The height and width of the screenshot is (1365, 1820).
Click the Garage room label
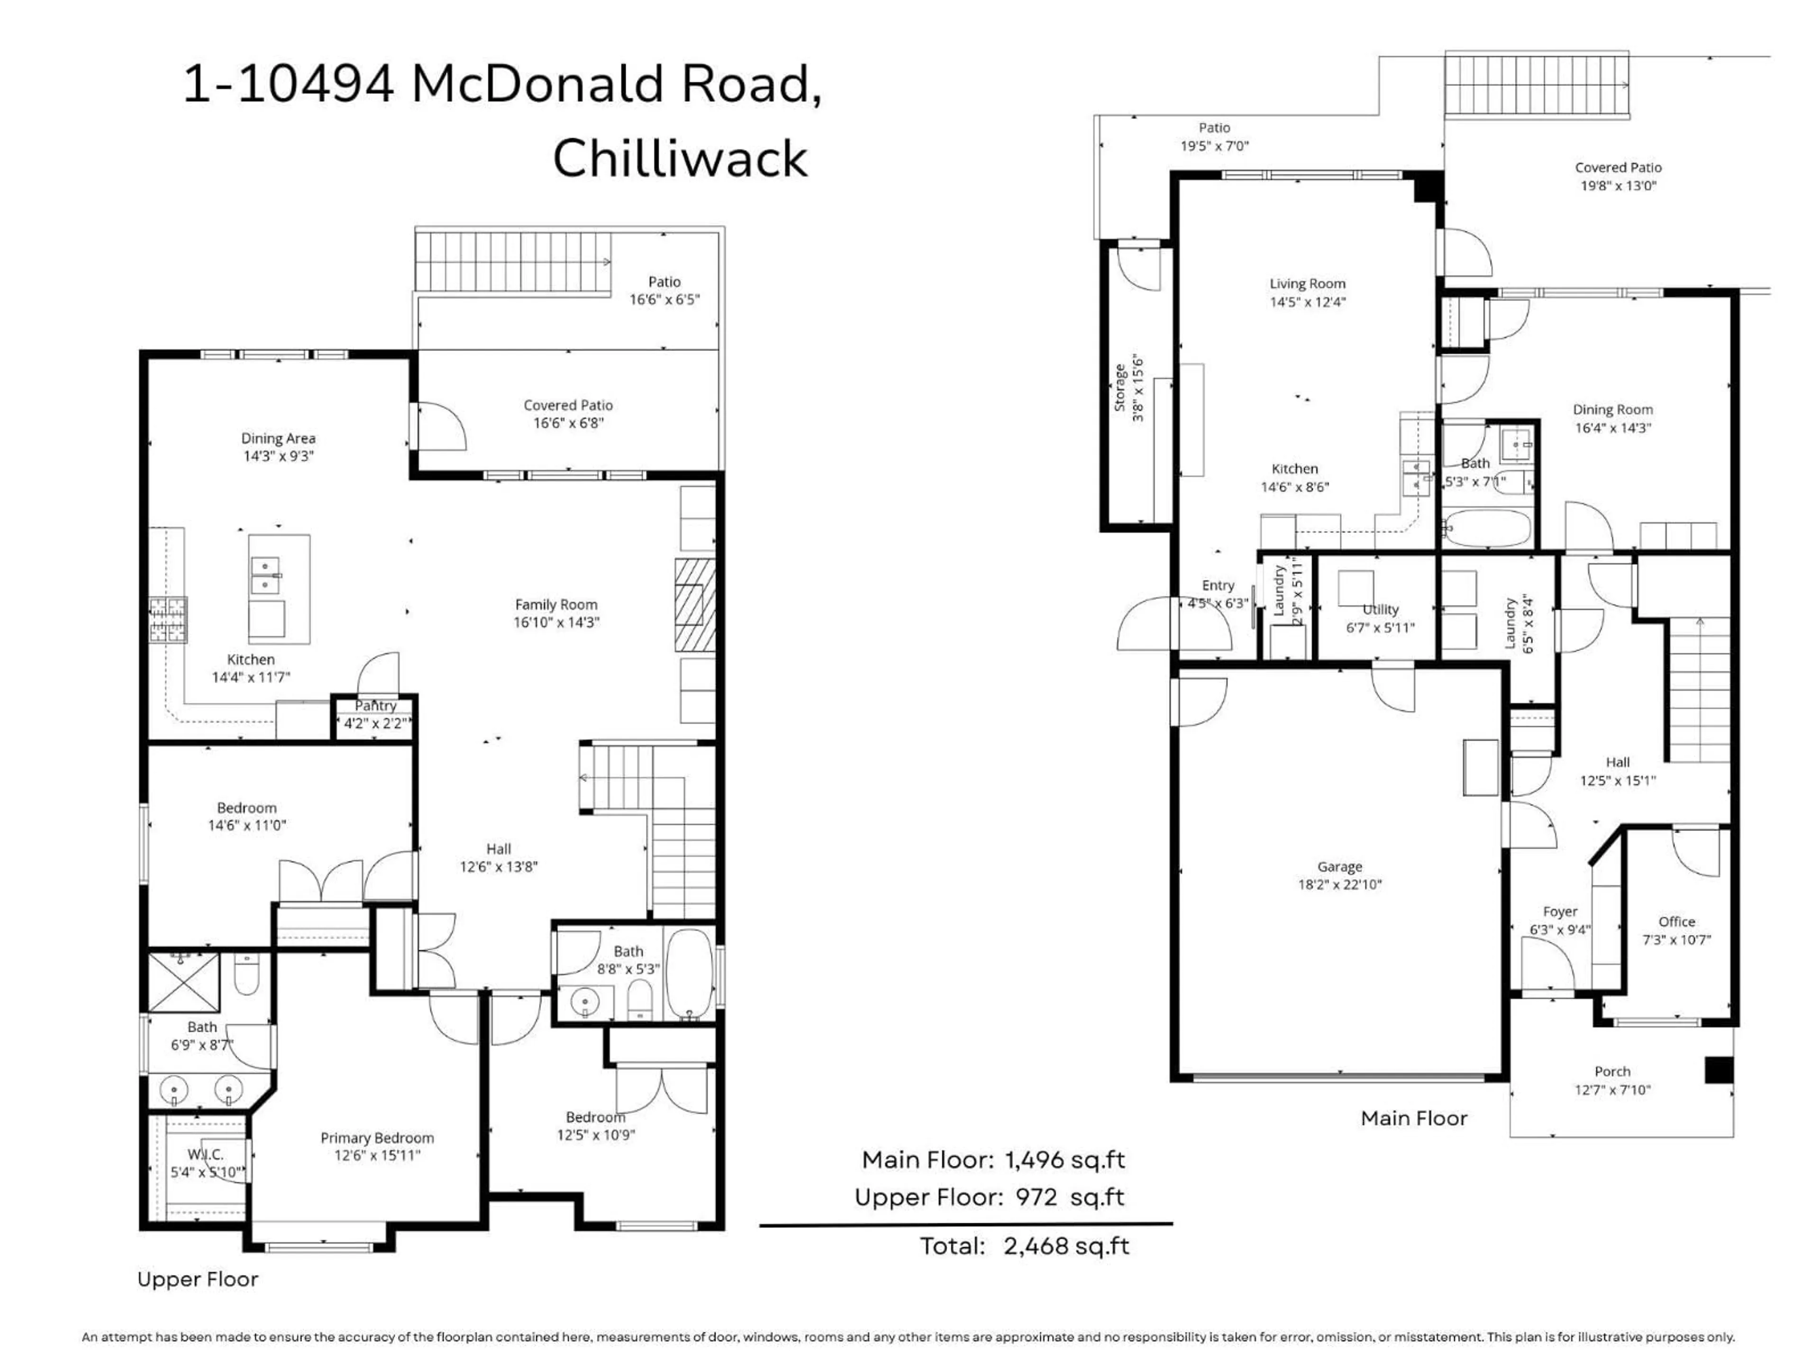click(x=1339, y=866)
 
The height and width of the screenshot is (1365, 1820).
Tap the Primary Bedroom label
click(x=377, y=1138)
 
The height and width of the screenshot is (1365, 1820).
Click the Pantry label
click(x=375, y=706)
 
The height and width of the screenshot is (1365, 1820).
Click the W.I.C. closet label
click(x=205, y=1155)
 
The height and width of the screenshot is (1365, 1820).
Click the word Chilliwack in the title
click(x=680, y=159)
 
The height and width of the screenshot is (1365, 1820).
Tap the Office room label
click(x=1676, y=921)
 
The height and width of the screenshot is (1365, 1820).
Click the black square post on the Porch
click(x=1718, y=1070)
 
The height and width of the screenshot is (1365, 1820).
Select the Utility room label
click(x=1380, y=610)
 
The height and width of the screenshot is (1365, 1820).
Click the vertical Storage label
click(x=1120, y=388)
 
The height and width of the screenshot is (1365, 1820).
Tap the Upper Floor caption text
click(x=198, y=1279)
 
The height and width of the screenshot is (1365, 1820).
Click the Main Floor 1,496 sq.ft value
click(x=1065, y=1160)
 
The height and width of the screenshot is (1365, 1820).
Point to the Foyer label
click(x=1560, y=911)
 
